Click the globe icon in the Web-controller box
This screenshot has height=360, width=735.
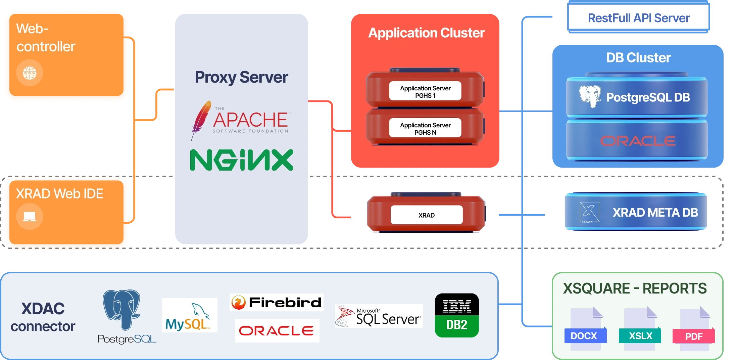coord(30,73)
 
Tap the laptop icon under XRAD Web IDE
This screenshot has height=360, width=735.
coord(30,217)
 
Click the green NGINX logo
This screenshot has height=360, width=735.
coord(242,160)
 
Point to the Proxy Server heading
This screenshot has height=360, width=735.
coord(241,77)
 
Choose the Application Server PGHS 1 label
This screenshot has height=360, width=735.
coord(425,91)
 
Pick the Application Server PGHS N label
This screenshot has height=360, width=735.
coord(425,128)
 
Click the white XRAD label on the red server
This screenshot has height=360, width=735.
coord(426,215)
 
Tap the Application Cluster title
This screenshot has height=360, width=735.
coord(426,33)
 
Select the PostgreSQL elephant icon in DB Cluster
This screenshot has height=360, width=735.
coord(590,96)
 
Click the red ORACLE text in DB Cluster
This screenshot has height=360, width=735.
coord(638,141)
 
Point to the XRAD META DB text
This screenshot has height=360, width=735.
coord(655,213)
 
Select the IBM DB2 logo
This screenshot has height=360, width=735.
coord(457,315)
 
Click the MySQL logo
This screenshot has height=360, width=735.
coord(189,316)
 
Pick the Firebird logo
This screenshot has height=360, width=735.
coord(276,302)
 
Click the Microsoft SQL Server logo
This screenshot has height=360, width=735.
coord(379,316)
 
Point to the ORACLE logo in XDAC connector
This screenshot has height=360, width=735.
coord(277,331)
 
